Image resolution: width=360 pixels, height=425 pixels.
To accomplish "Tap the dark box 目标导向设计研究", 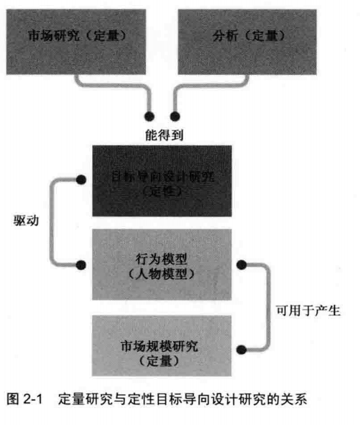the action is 162,181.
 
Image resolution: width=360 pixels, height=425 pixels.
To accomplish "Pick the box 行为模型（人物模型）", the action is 162,265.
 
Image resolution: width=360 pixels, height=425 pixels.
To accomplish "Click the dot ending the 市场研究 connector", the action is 150,116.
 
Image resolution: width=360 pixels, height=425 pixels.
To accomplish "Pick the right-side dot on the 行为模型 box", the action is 243,263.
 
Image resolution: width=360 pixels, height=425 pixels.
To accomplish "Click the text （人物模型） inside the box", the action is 161,273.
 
